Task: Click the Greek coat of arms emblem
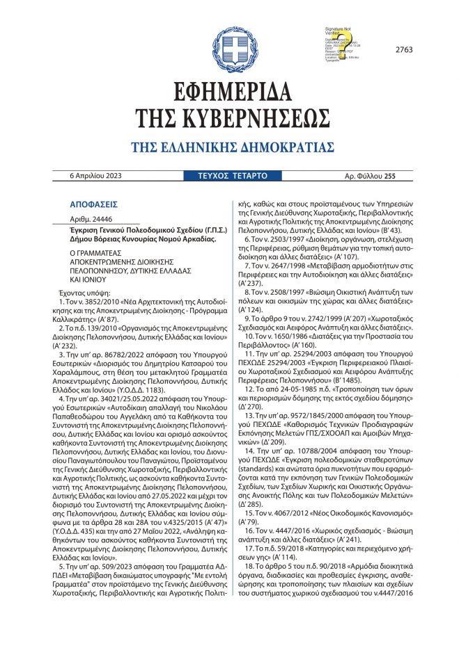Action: coord(230,47)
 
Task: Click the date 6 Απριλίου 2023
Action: coord(95,177)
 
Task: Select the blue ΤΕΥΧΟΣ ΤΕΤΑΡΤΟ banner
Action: coord(229,177)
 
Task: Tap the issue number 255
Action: coord(389,177)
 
